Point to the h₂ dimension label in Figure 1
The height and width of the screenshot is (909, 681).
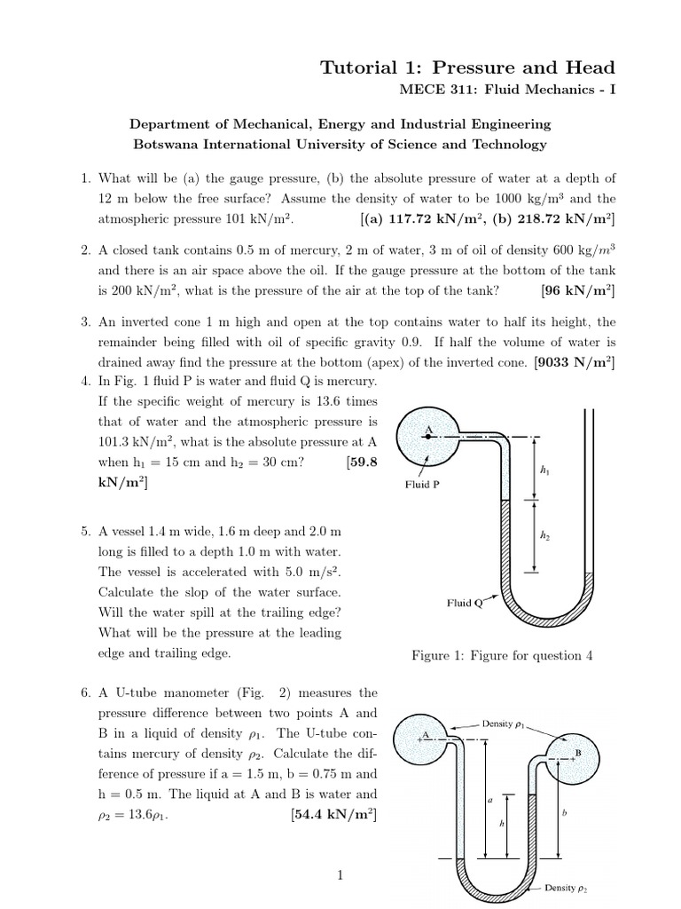click(544, 535)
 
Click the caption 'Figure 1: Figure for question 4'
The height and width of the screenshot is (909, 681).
click(502, 656)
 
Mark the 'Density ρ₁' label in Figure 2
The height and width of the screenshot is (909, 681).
click(504, 723)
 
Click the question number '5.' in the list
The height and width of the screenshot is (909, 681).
click(86, 532)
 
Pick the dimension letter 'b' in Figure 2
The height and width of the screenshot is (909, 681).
click(566, 813)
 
